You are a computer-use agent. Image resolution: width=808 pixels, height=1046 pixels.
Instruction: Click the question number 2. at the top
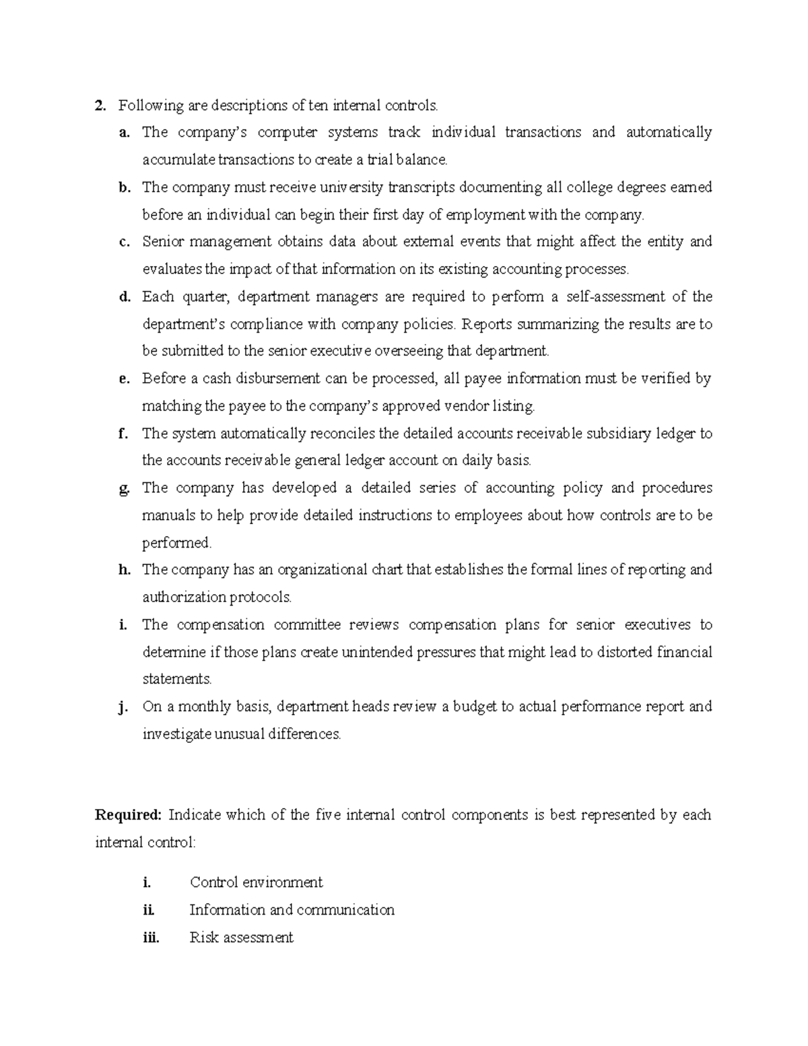point(100,106)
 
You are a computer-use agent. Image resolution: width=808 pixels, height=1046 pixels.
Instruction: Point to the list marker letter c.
point(123,242)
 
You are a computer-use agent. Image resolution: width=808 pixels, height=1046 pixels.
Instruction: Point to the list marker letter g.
point(124,489)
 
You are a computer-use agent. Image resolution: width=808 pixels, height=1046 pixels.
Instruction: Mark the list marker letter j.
point(123,707)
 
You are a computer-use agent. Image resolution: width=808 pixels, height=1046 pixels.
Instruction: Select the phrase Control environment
point(256,882)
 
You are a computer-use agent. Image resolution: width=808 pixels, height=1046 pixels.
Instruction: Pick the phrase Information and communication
point(292,910)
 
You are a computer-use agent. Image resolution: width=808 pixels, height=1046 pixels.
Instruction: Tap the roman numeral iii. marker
point(151,938)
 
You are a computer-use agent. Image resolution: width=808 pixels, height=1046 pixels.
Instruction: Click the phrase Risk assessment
point(241,938)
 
